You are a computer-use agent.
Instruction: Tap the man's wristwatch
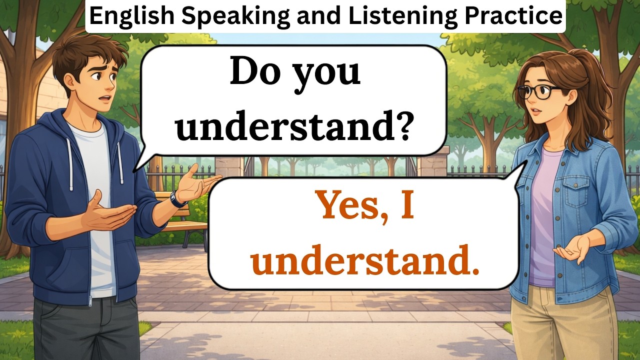177,199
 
